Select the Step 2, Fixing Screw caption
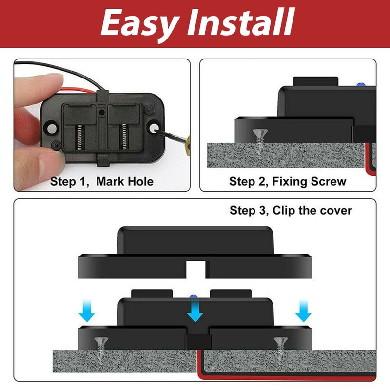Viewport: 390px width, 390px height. [288, 182]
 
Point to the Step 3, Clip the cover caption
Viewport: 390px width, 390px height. [291, 211]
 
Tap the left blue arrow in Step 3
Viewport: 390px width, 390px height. [87, 312]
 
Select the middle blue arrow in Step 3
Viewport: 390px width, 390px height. [195, 311]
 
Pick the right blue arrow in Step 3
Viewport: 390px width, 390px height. [303, 312]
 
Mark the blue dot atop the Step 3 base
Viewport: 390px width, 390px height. [192, 295]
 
